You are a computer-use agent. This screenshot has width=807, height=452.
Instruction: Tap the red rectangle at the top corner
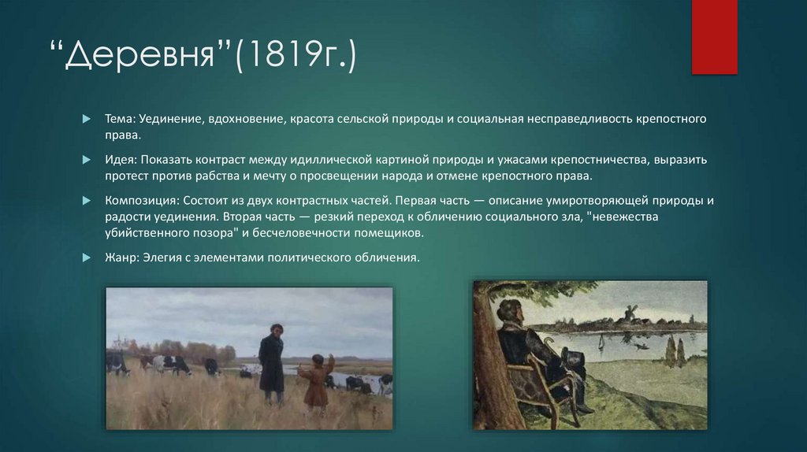point(714,37)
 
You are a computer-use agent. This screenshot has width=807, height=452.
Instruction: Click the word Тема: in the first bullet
point(121,118)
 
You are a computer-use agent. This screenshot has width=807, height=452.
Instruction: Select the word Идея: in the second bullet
point(122,159)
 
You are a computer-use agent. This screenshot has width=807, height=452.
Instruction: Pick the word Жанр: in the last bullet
point(122,257)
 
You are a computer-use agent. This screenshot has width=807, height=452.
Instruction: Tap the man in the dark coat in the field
point(271,362)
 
